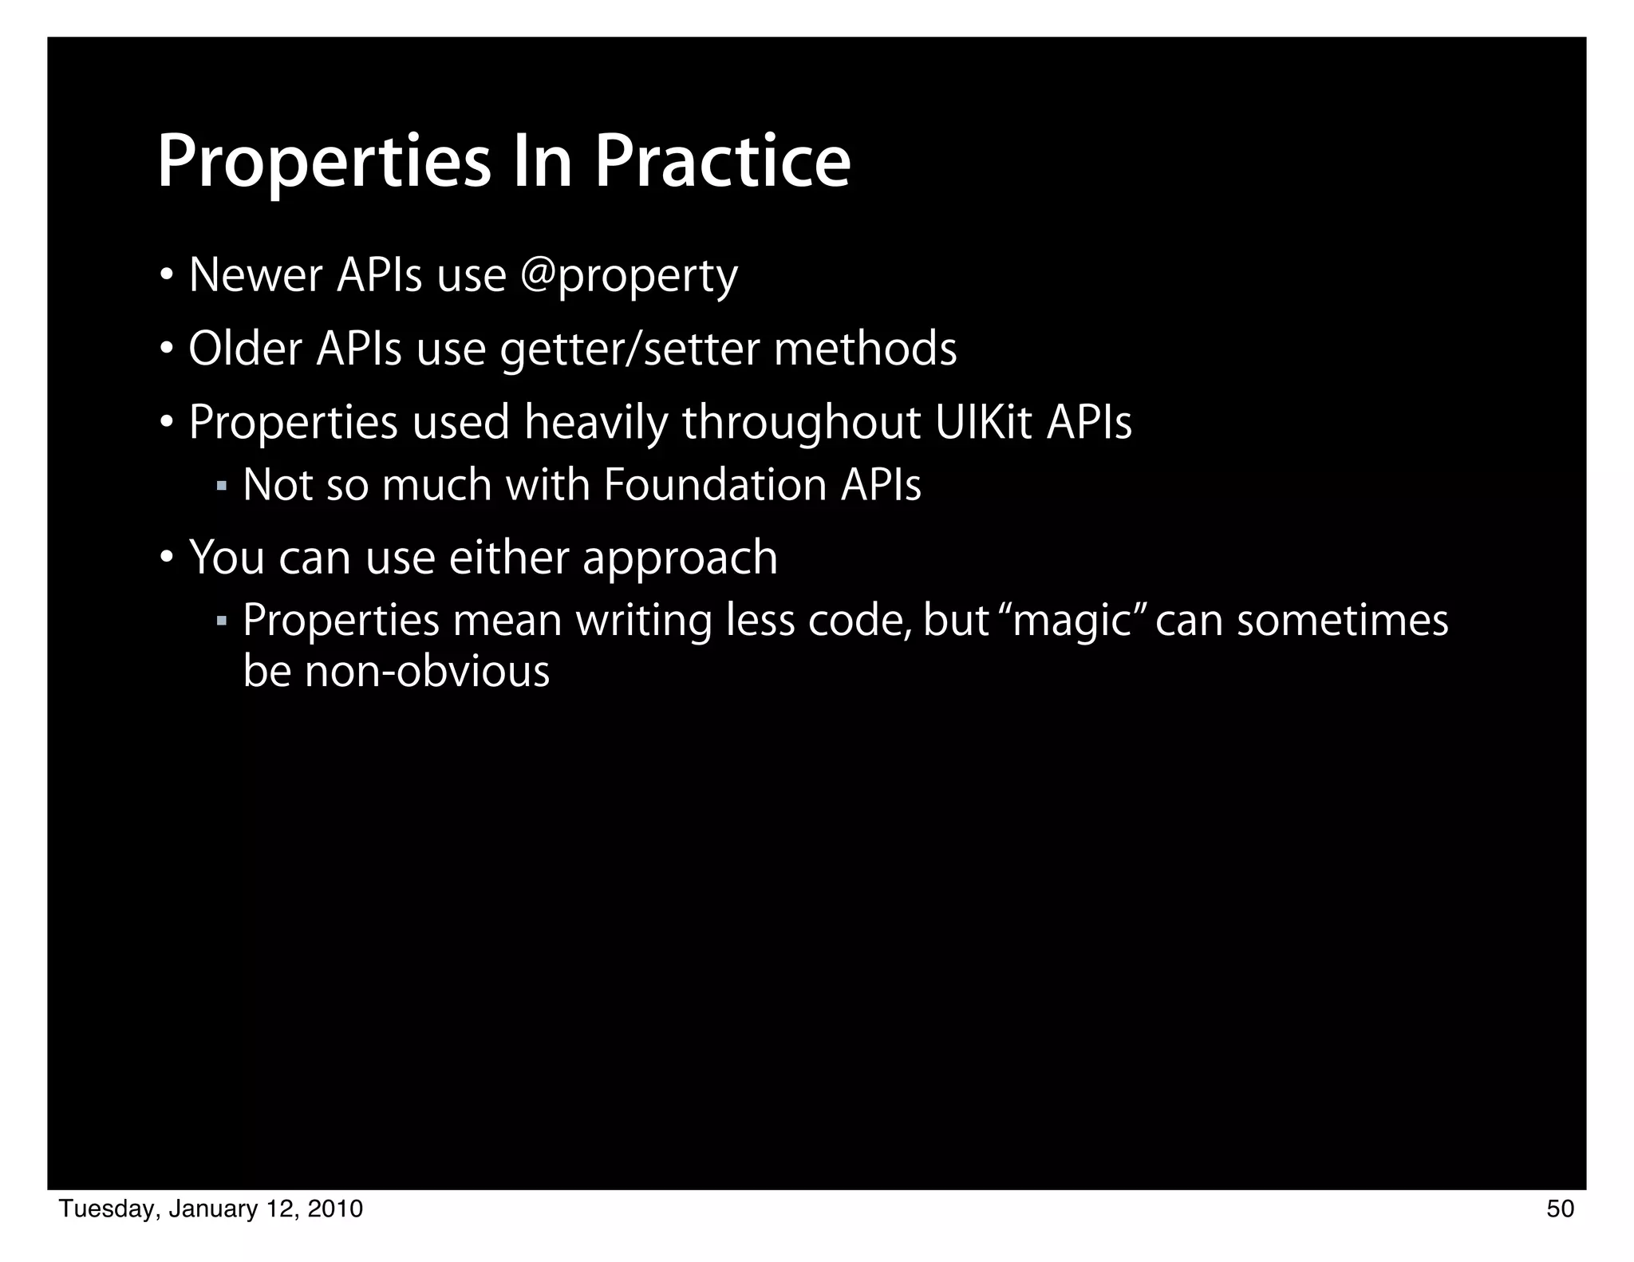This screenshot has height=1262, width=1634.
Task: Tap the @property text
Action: pyautogui.click(x=629, y=277)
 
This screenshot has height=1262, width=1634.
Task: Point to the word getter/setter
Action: pyautogui.click(x=629, y=350)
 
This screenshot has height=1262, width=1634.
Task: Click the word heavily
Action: pyautogui.click(x=595, y=424)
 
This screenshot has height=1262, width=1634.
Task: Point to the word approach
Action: pyautogui.click(x=680, y=558)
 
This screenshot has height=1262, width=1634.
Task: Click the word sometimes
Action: pyautogui.click(x=1342, y=621)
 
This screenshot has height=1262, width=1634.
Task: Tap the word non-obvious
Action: pyautogui.click(x=428, y=671)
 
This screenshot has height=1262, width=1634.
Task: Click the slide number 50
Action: pyautogui.click(x=1561, y=1209)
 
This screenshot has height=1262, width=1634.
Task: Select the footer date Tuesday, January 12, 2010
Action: pyautogui.click(x=211, y=1209)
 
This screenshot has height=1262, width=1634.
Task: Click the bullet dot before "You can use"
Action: pyautogui.click(x=166, y=556)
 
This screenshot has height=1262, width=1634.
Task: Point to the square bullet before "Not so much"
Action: pyautogui.click(x=222, y=485)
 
